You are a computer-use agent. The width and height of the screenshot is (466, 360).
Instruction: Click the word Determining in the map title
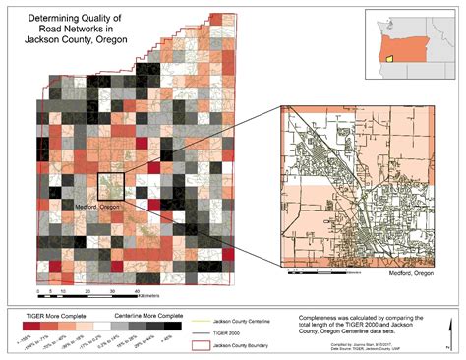[60, 18]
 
